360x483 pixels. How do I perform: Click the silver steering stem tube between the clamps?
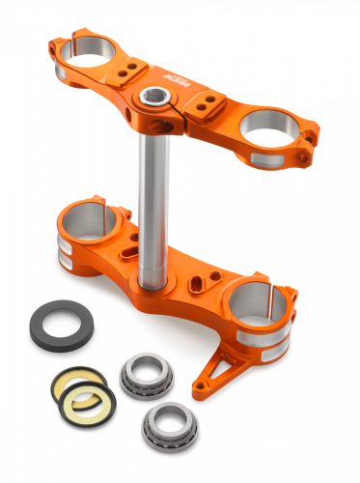pos(152,193)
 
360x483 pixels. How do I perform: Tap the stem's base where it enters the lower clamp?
pos(152,280)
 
